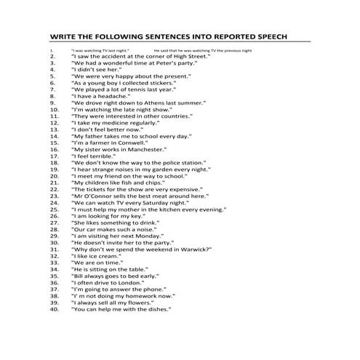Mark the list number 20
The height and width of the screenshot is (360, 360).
[x=54, y=176]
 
